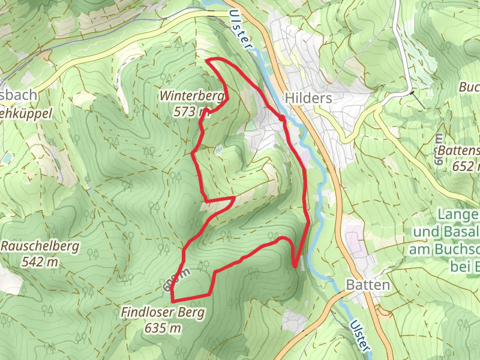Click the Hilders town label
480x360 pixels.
click(309, 98)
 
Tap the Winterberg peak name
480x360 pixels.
click(192, 95)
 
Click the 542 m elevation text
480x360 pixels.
click(39, 262)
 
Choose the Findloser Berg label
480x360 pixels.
click(163, 313)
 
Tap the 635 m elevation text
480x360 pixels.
click(163, 328)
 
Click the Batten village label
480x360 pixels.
click(368, 284)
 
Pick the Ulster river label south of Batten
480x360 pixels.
click(361, 332)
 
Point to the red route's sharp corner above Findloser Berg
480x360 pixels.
click(172, 300)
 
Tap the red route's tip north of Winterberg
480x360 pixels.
click(207, 60)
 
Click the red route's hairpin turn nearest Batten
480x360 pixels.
click(295, 266)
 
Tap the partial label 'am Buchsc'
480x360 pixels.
click(444, 249)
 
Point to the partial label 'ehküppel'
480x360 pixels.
click(26, 112)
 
